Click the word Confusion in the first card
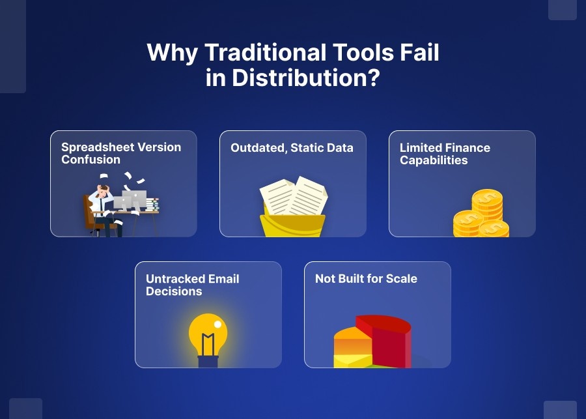pos(91,160)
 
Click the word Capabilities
pos(434,160)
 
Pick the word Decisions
pos(174,291)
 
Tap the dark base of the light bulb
pos(208,360)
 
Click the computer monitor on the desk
pos(134,199)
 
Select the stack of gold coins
pos(482,215)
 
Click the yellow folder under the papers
pos(293,225)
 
